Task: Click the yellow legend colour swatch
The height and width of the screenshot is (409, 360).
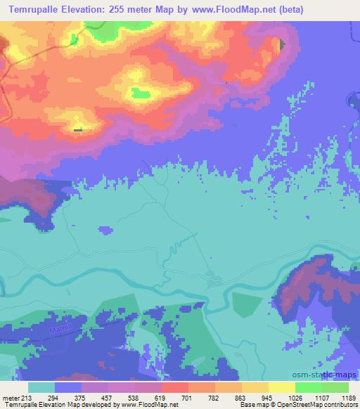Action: click(x=281, y=387)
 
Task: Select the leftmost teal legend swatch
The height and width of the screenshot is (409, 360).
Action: click(x=41, y=387)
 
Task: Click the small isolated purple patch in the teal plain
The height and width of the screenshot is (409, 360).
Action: click(x=105, y=230)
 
